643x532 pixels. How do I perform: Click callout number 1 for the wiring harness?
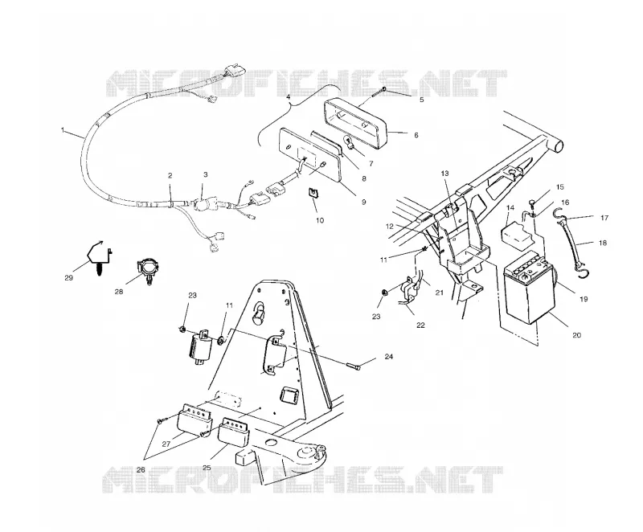63,130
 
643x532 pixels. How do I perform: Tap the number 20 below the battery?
576,335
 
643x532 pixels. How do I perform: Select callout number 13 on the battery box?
445,174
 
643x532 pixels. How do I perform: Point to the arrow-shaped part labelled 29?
99,257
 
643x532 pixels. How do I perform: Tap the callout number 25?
207,467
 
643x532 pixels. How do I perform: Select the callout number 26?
141,469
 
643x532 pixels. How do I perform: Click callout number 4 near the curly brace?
288,97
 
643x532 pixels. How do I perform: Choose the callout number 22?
420,325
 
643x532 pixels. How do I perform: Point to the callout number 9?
363,201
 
